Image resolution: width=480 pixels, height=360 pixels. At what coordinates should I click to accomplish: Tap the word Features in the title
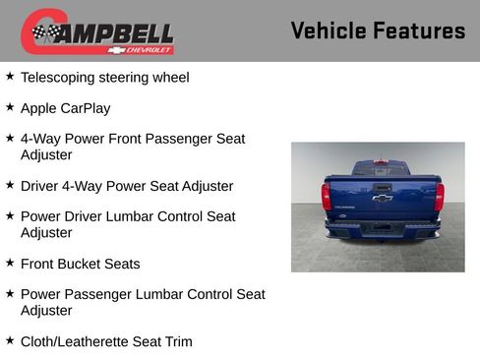point(419,31)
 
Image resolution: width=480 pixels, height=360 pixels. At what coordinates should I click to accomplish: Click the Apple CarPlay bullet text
point(66,108)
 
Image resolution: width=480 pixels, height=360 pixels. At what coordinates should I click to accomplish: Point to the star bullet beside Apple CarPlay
point(10,107)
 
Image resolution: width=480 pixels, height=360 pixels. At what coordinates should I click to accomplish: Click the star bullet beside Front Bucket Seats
point(10,263)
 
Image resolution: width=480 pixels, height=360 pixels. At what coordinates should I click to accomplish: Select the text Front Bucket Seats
point(81,264)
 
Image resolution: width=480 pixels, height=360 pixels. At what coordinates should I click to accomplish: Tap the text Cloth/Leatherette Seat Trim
point(106,341)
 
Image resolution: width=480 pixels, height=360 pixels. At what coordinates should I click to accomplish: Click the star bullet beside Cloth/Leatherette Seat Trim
point(10,340)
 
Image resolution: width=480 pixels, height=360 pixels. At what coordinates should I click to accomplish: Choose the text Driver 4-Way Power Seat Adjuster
point(127,186)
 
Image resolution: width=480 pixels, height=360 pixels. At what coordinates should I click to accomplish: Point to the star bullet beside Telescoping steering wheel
point(10,76)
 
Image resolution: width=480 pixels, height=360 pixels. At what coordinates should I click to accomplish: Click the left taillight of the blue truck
point(326,196)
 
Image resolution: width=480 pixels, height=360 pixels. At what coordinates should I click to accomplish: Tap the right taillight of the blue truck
point(439,196)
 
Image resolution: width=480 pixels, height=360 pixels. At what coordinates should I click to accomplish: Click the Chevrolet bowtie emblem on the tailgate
point(382,198)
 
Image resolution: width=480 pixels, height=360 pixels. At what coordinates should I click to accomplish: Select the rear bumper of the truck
point(382,229)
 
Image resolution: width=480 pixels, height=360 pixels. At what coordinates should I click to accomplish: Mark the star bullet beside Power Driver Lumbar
point(10,215)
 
